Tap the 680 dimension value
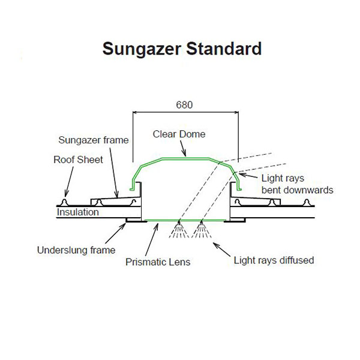(x=185, y=104)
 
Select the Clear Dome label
(x=179, y=134)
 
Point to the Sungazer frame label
(x=94, y=140)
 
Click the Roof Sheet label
(x=79, y=160)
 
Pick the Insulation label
(x=78, y=212)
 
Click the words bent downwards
(x=297, y=190)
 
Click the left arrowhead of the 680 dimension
(x=134, y=112)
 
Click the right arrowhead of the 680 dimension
(x=236, y=112)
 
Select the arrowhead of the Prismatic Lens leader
(x=157, y=224)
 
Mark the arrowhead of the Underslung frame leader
(x=126, y=224)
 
